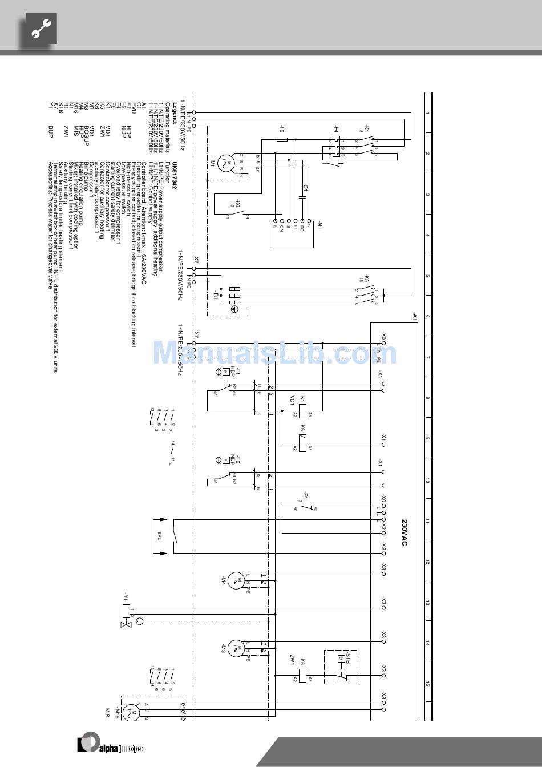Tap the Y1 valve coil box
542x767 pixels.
(127, 611)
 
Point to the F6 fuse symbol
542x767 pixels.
(282, 139)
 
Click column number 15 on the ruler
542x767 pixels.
(427, 683)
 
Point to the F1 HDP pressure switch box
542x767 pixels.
(226, 372)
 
